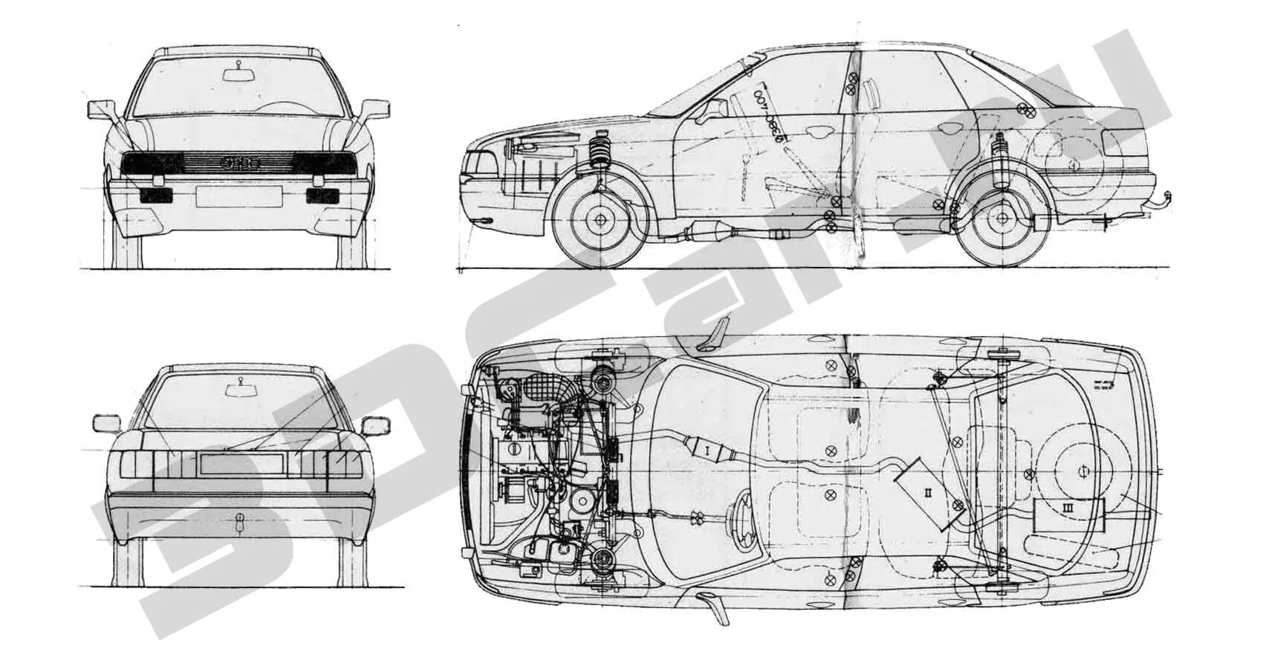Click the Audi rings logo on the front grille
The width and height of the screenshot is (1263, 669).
pyautogui.click(x=239, y=164)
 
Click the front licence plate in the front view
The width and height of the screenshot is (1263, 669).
pyautogui.click(x=238, y=196)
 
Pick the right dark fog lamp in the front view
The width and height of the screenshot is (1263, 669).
pyautogui.click(x=322, y=195)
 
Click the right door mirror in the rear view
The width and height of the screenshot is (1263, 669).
pyautogui.click(x=375, y=426)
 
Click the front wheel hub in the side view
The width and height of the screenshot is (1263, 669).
pyautogui.click(x=599, y=219)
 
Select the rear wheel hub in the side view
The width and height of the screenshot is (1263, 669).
pyautogui.click(x=1002, y=219)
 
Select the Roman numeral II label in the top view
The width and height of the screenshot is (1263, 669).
pyautogui.click(x=929, y=492)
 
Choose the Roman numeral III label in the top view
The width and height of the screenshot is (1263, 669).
pyautogui.click(x=1068, y=508)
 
